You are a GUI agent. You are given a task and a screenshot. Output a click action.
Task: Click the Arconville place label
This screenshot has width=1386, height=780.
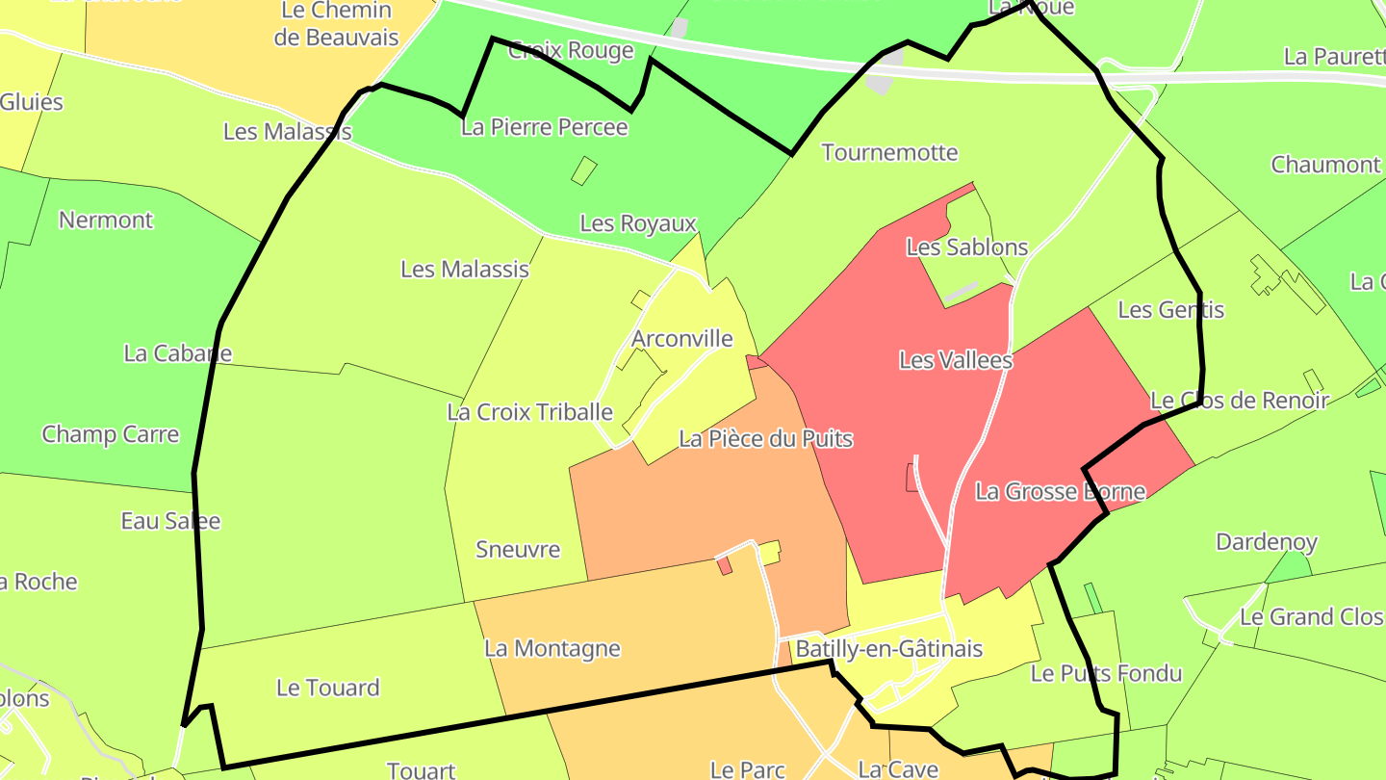(x=681, y=339)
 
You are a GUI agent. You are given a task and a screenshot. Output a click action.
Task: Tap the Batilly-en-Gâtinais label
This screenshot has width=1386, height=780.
(x=888, y=648)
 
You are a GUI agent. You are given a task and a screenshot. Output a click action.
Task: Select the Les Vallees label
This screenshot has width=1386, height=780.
(x=955, y=360)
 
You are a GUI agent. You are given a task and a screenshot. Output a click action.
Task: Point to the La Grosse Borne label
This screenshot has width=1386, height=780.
(x=1060, y=491)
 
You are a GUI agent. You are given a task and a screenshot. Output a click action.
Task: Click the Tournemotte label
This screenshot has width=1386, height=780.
(x=889, y=152)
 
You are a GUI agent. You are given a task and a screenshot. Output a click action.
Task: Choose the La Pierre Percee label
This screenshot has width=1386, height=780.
(x=544, y=127)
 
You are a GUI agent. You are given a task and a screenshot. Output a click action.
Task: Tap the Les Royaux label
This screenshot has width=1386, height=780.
(x=637, y=224)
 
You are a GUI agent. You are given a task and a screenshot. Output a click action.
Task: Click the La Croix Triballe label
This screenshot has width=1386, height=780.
(x=529, y=412)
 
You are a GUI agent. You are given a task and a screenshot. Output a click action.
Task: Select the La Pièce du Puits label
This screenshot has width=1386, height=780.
(x=765, y=439)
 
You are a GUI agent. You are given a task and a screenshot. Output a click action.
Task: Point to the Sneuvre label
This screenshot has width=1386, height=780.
(x=518, y=550)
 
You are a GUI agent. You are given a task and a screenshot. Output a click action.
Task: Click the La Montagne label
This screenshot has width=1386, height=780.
(x=552, y=648)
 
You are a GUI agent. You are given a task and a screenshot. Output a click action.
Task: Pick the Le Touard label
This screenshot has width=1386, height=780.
(x=327, y=688)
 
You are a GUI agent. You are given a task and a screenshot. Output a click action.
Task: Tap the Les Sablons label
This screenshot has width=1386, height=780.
(x=966, y=247)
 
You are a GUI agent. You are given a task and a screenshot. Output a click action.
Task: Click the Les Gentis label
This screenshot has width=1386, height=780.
(x=1170, y=309)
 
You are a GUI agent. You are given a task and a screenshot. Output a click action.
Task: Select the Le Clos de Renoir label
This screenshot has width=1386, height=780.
(x=1239, y=400)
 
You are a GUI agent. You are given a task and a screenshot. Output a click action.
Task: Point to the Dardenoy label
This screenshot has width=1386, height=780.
(x=1266, y=542)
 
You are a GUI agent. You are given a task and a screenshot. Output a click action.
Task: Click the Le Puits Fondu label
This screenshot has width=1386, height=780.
(x=1105, y=673)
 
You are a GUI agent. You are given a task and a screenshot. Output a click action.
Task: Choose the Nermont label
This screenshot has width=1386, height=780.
(x=106, y=220)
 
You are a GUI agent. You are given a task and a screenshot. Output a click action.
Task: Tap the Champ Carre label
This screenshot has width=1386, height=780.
(x=110, y=434)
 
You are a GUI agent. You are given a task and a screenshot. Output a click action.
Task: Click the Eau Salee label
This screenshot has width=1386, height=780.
(x=170, y=521)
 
